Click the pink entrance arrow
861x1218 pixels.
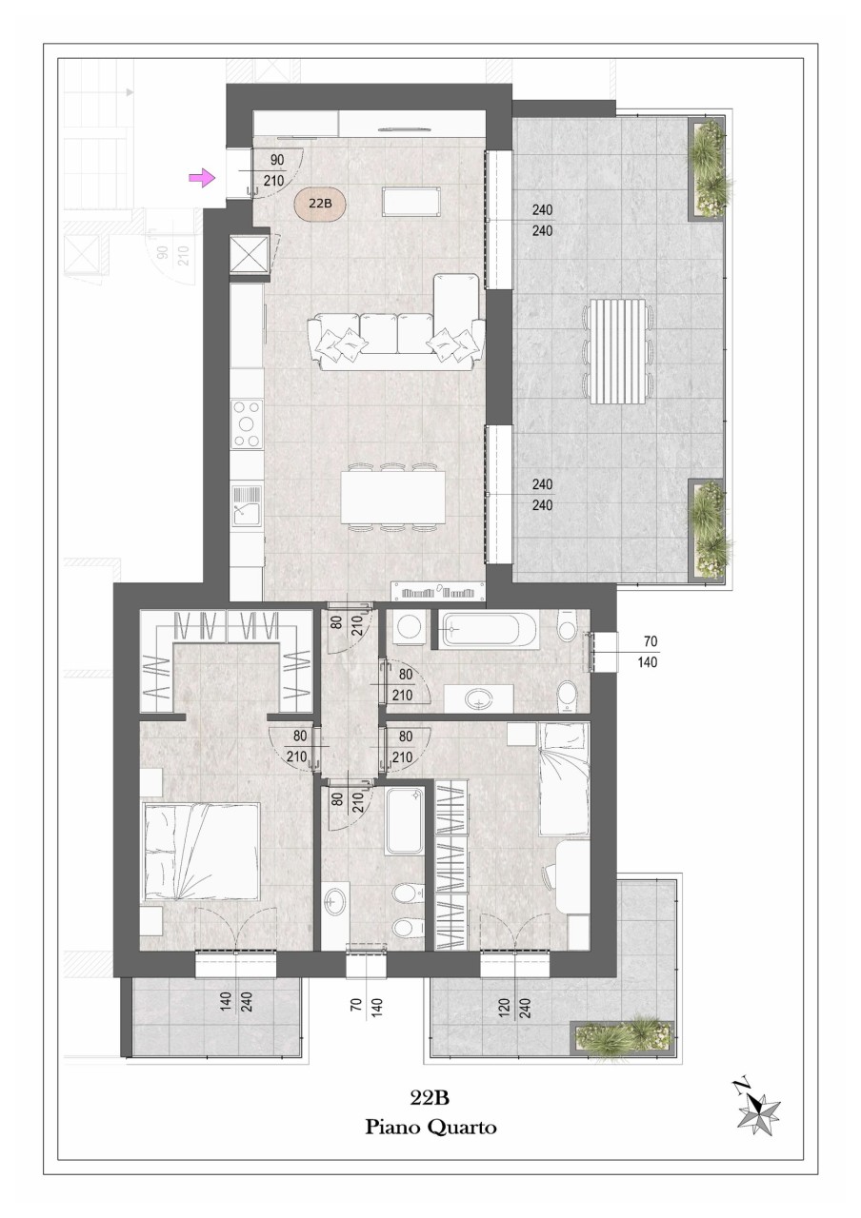pos(201,177)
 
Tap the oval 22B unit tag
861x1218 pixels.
pos(320,204)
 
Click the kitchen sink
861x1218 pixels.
pos(247,506)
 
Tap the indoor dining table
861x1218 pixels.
pos(393,497)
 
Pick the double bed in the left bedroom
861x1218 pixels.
pos(200,853)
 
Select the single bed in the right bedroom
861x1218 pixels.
pos(565,778)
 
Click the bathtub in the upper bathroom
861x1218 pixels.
pos(489,629)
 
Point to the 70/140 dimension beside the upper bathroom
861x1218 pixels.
pos(649,652)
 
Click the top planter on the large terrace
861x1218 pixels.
pos(708,168)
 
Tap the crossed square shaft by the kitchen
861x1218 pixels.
pos(250,254)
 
